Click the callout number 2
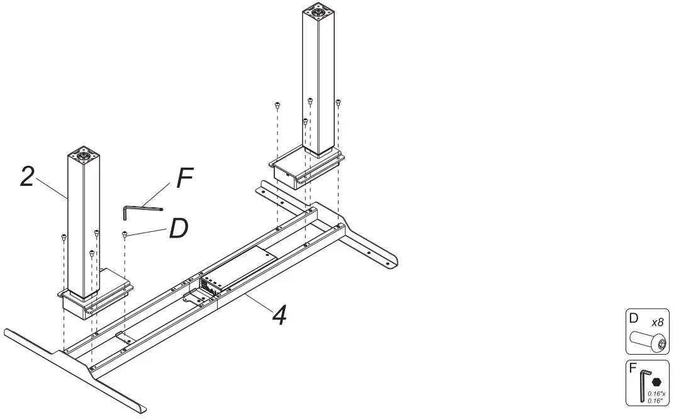coord(26,176)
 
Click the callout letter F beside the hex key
coord(184,178)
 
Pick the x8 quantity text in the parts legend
coord(657,322)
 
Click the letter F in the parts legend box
coord(632,366)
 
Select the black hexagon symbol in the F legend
coord(656,382)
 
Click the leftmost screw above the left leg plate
coord(64,237)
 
